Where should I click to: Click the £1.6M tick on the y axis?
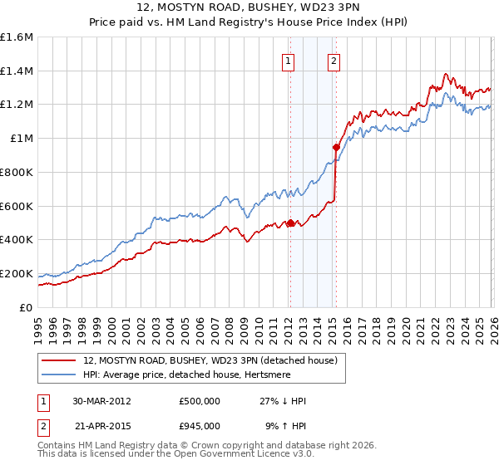(17, 37)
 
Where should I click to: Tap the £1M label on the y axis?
(22, 139)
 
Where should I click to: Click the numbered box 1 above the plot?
(288, 60)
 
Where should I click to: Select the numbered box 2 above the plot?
(333, 60)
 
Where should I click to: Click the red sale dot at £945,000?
(336, 148)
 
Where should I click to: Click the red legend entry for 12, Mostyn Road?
(210, 360)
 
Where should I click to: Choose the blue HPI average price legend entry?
(182, 375)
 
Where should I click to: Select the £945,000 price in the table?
(200, 425)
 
